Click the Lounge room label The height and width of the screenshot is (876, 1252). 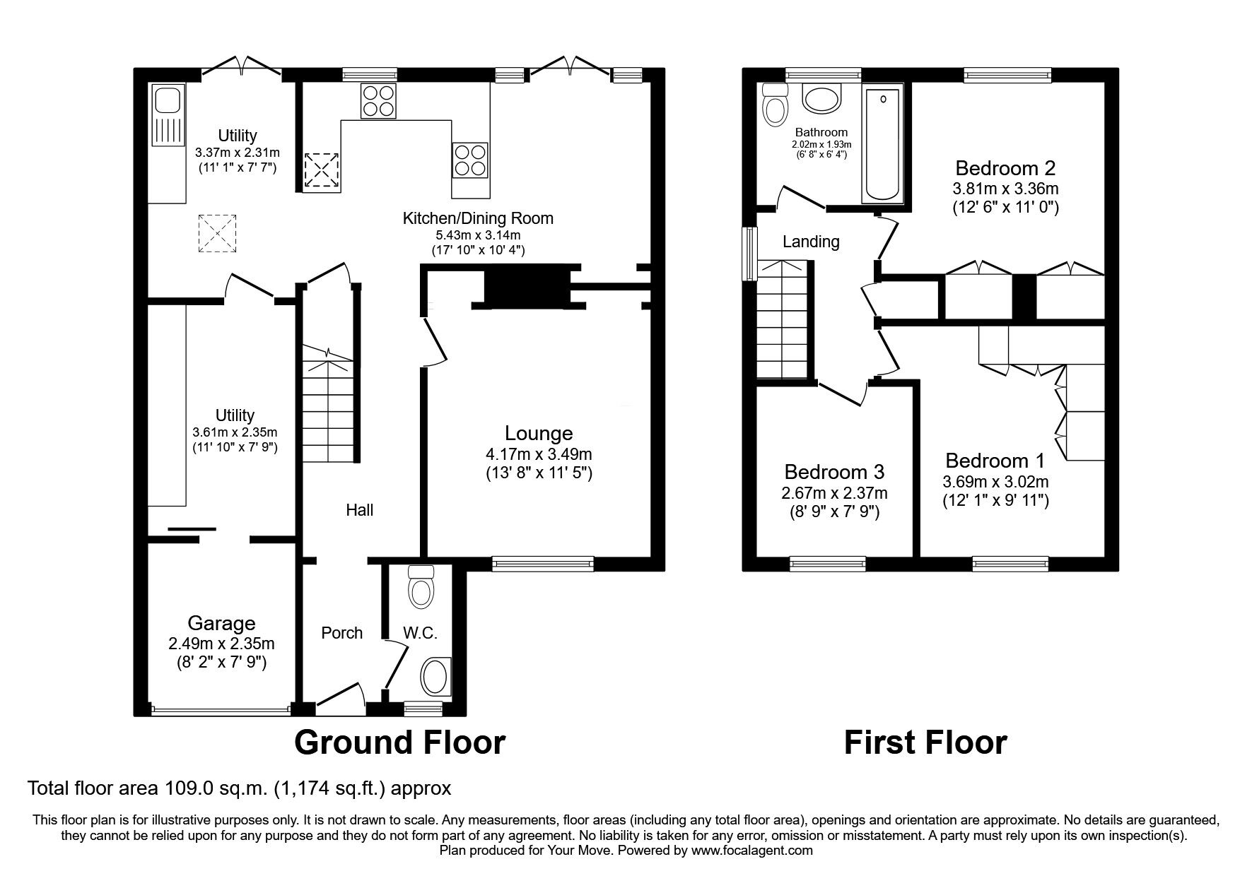tap(539, 433)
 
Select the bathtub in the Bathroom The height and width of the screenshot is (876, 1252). tap(881, 145)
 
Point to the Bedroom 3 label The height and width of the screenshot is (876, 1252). tap(834, 471)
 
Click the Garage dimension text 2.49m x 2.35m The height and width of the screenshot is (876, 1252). tap(221, 644)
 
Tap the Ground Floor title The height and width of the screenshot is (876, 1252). tap(399, 742)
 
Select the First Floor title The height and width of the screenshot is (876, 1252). tap(925, 742)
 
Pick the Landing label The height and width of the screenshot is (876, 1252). tap(811, 242)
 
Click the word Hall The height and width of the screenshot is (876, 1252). tap(359, 509)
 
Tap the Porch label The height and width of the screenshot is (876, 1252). tap(342, 633)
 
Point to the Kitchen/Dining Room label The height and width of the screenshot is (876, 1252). tap(478, 218)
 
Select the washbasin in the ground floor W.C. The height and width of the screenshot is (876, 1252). tap(435, 677)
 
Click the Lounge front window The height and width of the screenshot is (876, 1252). tap(543, 563)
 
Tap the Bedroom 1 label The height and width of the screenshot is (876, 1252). tap(995, 461)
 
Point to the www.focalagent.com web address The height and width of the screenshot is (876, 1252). tap(754, 851)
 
